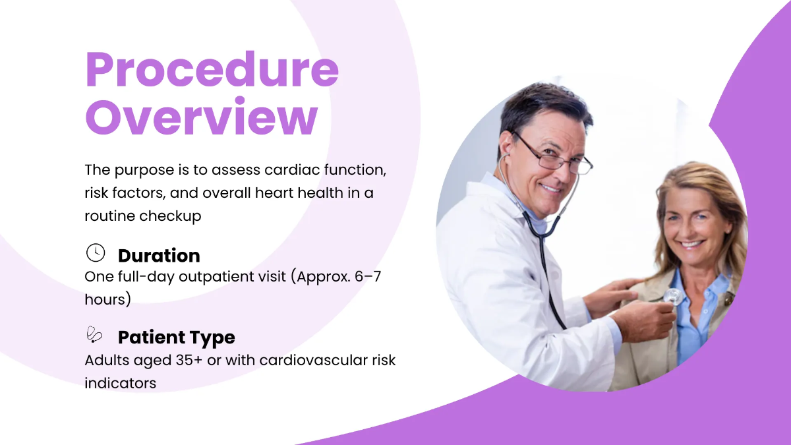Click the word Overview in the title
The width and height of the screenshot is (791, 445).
click(202, 117)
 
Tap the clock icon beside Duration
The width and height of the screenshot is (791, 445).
click(96, 252)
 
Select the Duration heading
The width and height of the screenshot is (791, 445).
click(158, 255)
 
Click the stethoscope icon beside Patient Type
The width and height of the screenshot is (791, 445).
click(95, 335)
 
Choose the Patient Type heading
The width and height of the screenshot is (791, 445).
click(176, 338)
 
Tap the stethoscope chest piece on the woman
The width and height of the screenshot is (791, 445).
click(672, 297)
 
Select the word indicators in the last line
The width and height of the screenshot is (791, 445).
click(120, 382)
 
